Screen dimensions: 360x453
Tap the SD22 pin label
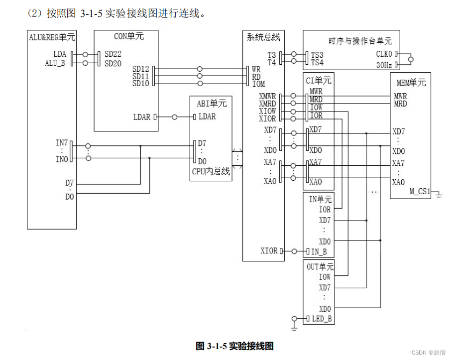[113, 54]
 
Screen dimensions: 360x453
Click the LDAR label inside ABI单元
[207, 117]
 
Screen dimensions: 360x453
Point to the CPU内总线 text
[211, 172]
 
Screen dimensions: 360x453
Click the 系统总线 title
[263, 37]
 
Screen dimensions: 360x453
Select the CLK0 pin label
[384, 53]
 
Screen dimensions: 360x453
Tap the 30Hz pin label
[385, 65]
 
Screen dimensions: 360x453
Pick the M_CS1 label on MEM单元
[420, 191]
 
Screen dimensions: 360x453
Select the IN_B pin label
[319, 251]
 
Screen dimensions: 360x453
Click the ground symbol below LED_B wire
[294, 327]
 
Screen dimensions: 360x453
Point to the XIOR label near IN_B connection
[269, 251]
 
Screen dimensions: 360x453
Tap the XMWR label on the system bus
[267, 96]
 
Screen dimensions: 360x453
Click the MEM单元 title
[411, 82]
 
